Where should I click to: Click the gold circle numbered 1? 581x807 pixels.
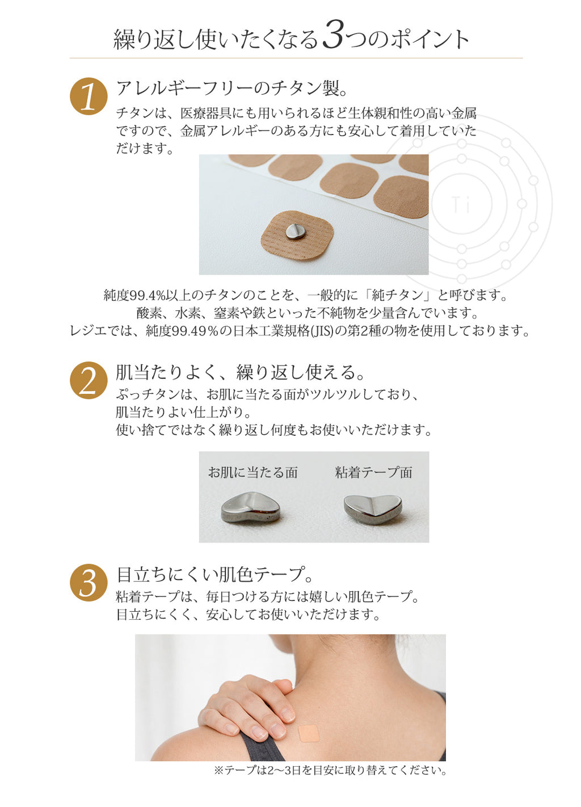(x=89, y=96)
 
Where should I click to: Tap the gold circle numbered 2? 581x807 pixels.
(x=89, y=380)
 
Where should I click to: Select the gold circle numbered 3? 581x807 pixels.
(x=89, y=583)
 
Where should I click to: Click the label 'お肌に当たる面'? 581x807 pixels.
(x=253, y=472)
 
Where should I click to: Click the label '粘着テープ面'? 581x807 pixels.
(x=373, y=472)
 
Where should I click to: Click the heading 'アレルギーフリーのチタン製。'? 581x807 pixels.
(x=232, y=89)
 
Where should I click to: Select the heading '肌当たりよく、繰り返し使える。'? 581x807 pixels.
(x=241, y=372)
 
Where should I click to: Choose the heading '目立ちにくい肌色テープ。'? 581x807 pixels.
(x=214, y=574)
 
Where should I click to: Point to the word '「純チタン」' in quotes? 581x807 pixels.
(x=400, y=296)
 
